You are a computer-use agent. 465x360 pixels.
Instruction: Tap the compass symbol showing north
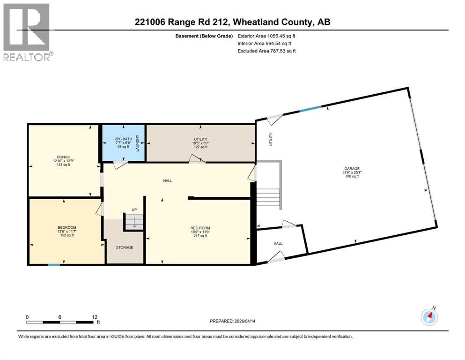429,317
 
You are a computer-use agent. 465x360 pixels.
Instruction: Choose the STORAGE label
125,247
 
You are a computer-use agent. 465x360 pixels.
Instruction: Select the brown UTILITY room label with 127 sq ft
200,139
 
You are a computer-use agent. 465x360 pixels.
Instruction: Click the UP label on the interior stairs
133,210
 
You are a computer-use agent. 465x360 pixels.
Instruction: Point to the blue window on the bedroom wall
54,265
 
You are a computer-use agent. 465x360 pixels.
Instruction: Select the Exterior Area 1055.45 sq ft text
266,35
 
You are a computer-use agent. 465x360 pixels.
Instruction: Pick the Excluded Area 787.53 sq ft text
266,51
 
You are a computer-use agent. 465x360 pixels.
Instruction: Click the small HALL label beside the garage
278,243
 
